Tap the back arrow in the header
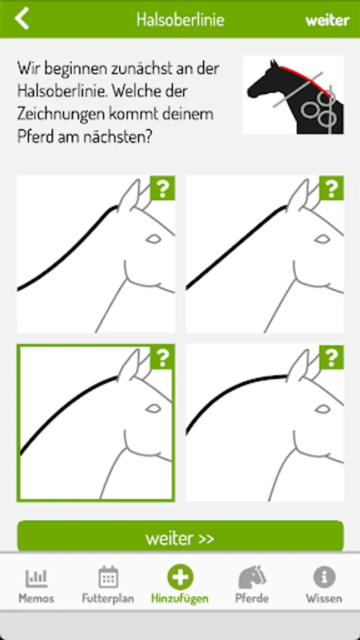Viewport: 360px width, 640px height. click(x=22, y=18)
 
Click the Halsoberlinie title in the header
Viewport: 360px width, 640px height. click(x=180, y=20)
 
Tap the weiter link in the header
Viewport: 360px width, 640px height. click(x=327, y=20)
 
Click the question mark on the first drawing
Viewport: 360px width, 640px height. click(x=163, y=188)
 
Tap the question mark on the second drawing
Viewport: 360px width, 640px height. click(x=332, y=188)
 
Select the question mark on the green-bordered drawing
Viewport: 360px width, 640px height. click(x=163, y=358)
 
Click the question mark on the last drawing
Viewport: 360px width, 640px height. click(x=332, y=358)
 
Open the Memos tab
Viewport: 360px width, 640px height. click(x=36, y=585)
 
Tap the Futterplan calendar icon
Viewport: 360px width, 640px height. click(x=108, y=577)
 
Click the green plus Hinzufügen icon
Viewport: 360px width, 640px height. click(x=180, y=577)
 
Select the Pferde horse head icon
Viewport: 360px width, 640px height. click(x=252, y=577)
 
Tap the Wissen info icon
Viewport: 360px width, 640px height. click(x=324, y=577)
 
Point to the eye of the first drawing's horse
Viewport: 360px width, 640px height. click(x=154, y=239)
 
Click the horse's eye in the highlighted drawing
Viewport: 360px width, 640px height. click(x=154, y=408)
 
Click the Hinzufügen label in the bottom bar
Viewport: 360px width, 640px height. click(x=180, y=599)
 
